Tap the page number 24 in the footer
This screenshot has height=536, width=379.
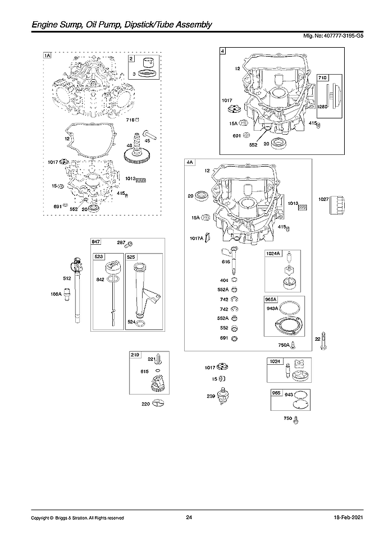click(x=189, y=517)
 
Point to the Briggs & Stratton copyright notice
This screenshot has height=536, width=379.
click(x=77, y=517)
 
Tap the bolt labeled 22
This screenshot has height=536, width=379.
click(x=325, y=341)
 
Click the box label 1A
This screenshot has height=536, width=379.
click(x=47, y=56)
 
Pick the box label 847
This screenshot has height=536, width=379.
click(x=95, y=241)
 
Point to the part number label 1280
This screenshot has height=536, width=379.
click(x=322, y=107)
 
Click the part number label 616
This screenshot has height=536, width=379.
click(x=226, y=262)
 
